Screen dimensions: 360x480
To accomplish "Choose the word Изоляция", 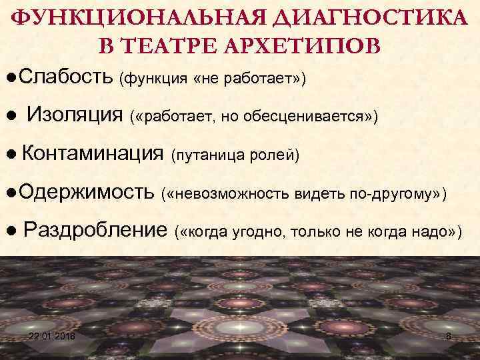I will point(75,116).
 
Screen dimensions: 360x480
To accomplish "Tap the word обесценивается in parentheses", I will point(323,117).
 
